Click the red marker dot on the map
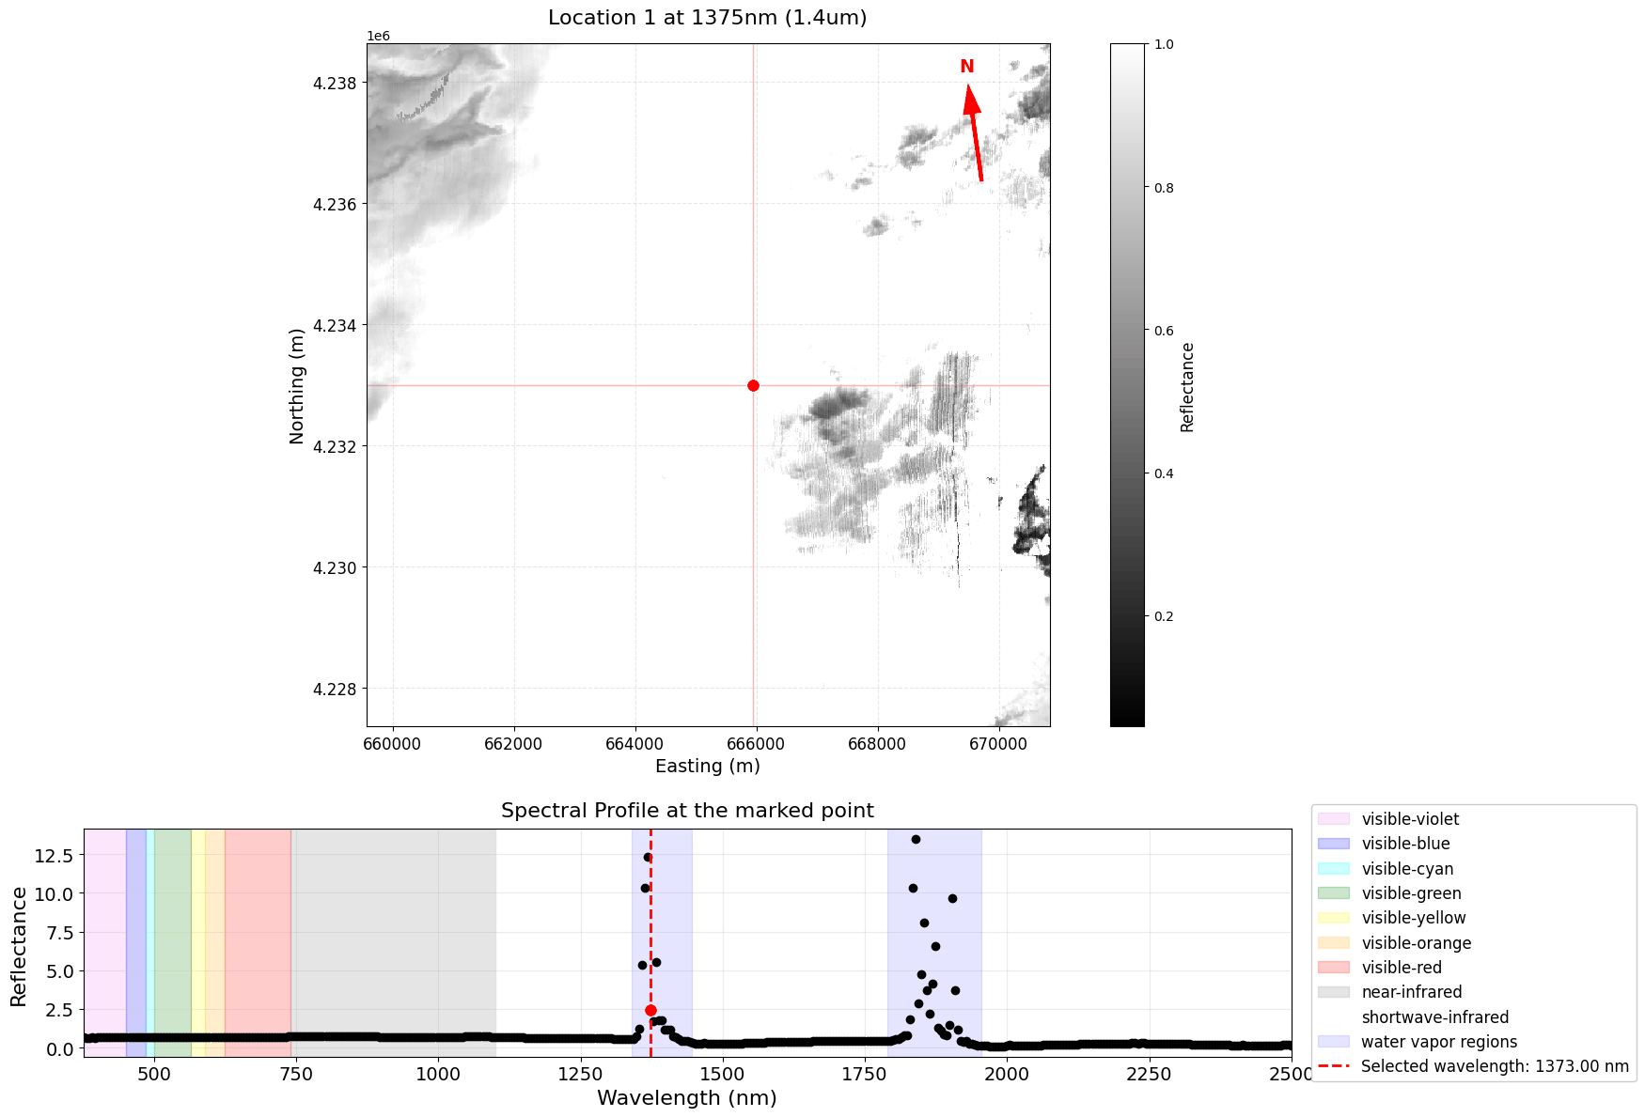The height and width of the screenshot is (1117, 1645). pyautogui.click(x=753, y=385)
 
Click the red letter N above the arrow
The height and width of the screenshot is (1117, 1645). pyautogui.click(x=966, y=67)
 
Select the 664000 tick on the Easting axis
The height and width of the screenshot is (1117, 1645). pyautogui.click(x=635, y=744)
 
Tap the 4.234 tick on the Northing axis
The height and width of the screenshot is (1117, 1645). pyautogui.click(x=335, y=325)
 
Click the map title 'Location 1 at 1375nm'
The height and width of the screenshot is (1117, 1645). pyautogui.click(x=707, y=18)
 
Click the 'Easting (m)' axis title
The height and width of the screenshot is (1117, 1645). pyautogui.click(x=707, y=766)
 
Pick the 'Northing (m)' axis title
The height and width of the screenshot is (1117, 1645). pyautogui.click(x=297, y=386)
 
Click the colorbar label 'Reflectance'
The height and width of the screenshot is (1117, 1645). pyautogui.click(x=1187, y=387)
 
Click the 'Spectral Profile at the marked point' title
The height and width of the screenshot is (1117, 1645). pyautogui.click(x=687, y=811)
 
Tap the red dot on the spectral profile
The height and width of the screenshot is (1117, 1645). pyautogui.click(x=650, y=1010)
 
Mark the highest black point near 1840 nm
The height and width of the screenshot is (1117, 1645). pyautogui.click(x=916, y=839)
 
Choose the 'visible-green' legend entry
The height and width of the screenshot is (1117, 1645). pyautogui.click(x=1411, y=893)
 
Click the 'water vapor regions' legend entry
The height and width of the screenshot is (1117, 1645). pyautogui.click(x=1438, y=1042)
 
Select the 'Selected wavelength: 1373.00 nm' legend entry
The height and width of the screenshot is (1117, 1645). pyautogui.click(x=1495, y=1066)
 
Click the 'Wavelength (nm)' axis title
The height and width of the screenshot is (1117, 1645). pyautogui.click(x=687, y=1098)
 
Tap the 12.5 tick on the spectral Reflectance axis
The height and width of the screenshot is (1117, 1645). pyautogui.click(x=53, y=855)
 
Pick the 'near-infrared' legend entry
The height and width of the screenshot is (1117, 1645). pyautogui.click(x=1411, y=992)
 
